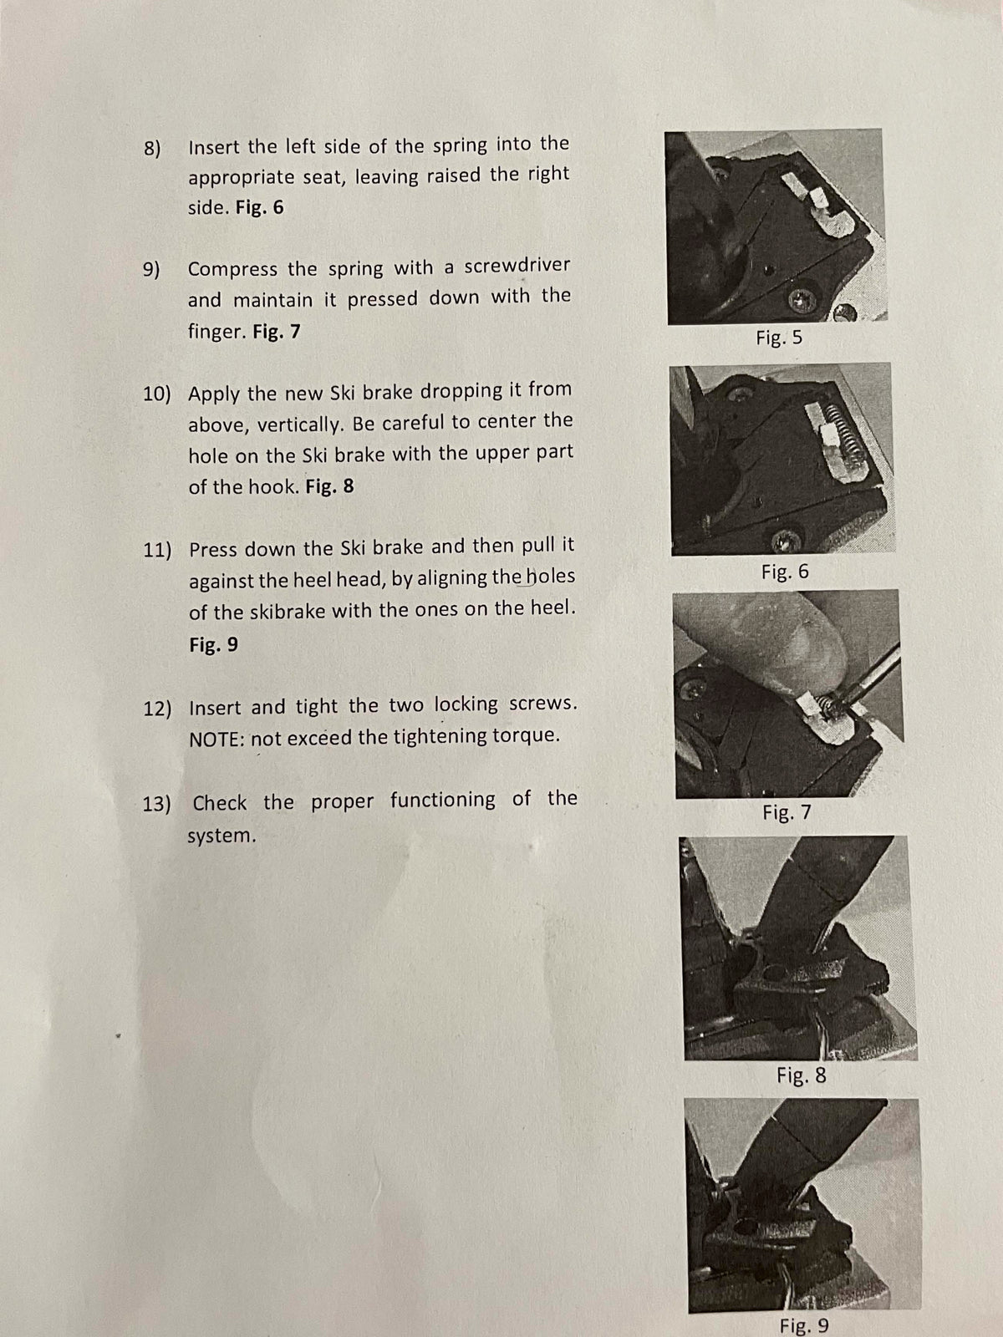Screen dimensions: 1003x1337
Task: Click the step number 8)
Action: pyautogui.click(x=152, y=149)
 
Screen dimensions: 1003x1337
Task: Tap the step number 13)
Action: pyautogui.click(x=156, y=804)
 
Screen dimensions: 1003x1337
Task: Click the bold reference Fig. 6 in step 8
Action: pyautogui.click(x=260, y=208)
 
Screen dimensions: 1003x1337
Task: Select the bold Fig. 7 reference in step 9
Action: pyautogui.click(x=277, y=332)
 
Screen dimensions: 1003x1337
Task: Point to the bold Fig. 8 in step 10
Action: pyautogui.click(x=329, y=486)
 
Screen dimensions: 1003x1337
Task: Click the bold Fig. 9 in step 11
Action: pyautogui.click(x=213, y=643)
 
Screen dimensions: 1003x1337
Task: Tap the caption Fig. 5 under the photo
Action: pyautogui.click(x=779, y=338)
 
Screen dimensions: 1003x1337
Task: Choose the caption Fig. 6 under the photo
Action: pyautogui.click(x=785, y=572)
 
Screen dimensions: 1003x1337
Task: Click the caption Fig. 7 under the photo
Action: pyautogui.click(x=787, y=812)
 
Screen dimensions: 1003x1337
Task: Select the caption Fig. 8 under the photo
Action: pyautogui.click(x=802, y=1075)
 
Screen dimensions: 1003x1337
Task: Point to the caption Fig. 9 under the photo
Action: pyautogui.click(x=804, y=1325)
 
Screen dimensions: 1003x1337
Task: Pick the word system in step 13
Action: pyautogui.click(x=221, y=836)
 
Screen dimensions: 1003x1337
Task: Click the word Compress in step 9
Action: pyautogui.click(x=232, y=270)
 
